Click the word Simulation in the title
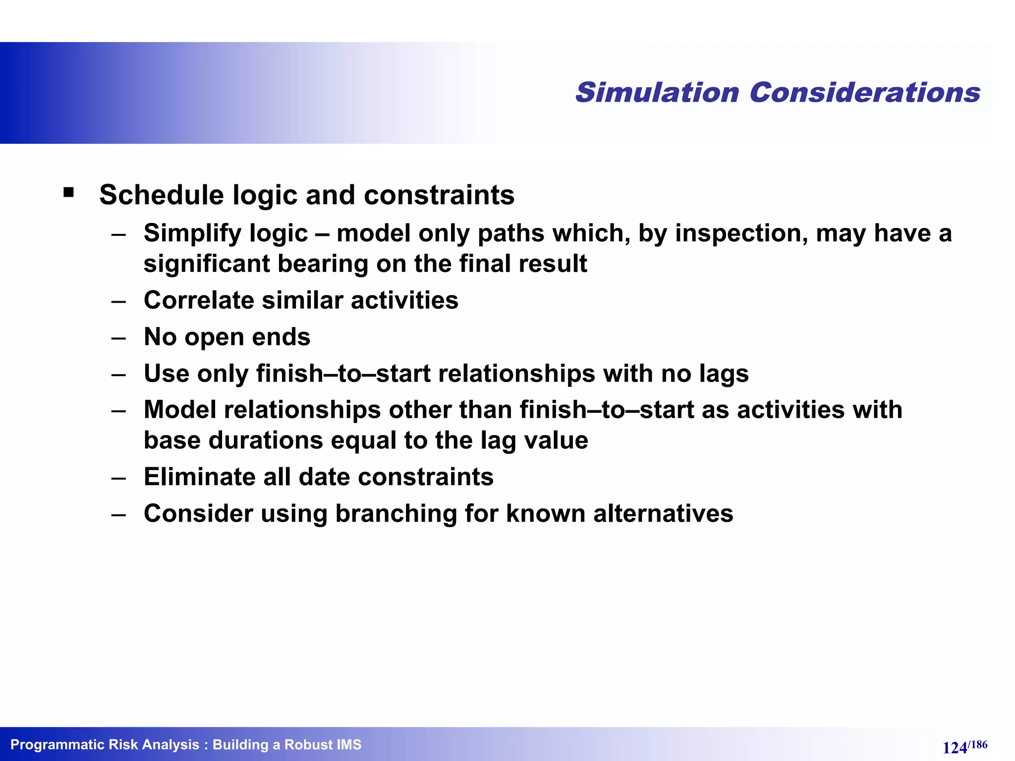tap(657, 93)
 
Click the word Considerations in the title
tap(865, 93)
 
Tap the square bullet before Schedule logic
tap(69, 192)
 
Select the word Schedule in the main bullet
tap(162, 195)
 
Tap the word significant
tap(206, 264)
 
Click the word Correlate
tap(198, 300)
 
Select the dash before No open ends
tap(118, 338)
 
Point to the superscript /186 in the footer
tap(978, 744)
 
